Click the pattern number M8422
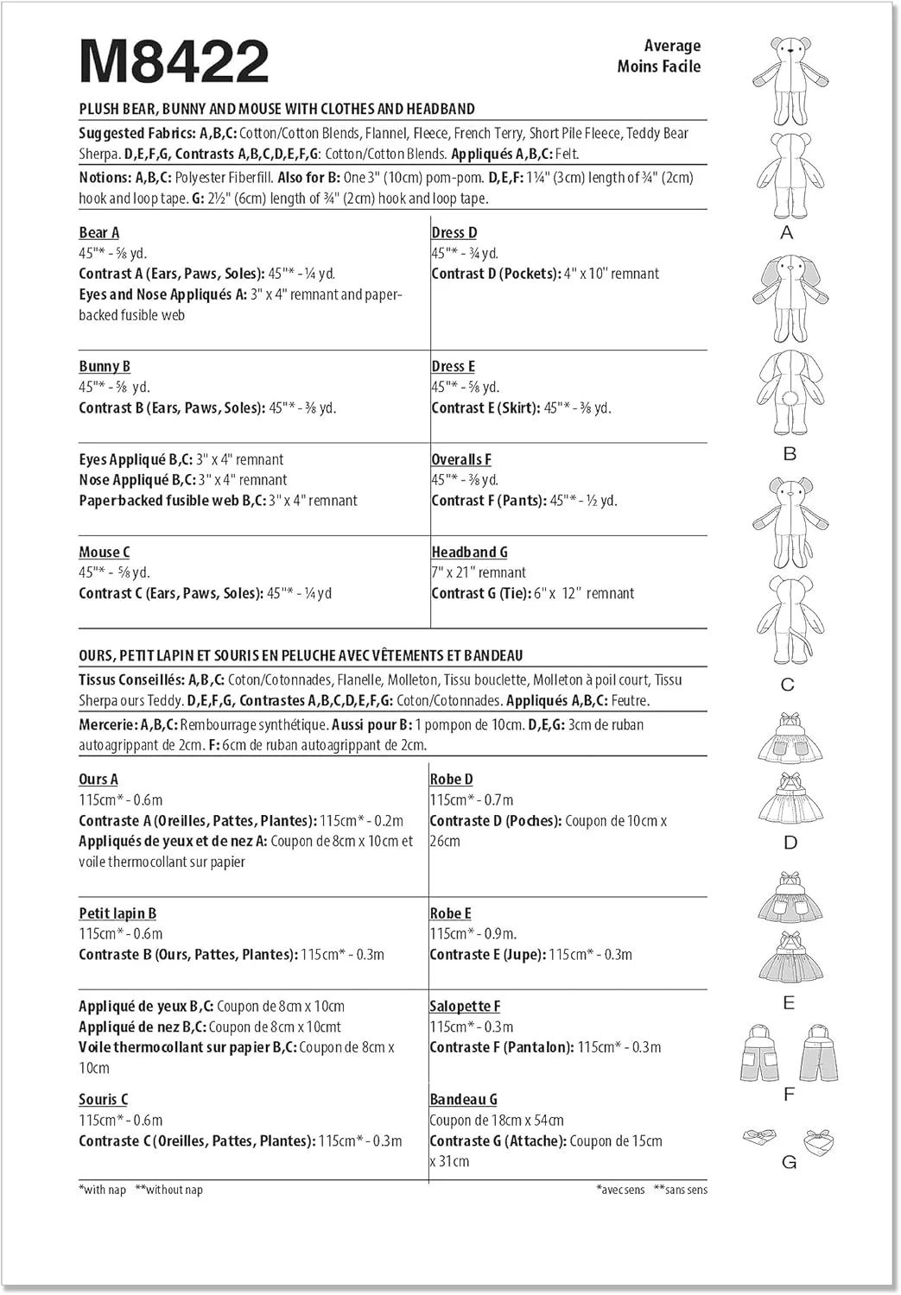(174, 62)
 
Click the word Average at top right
(672, 46)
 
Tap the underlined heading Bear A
(98, 232)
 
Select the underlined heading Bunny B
(105, 366)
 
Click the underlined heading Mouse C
(104, 552)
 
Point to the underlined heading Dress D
(454, 232)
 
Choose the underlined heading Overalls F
(461, 459)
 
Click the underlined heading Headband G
(469, 552)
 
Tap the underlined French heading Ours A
(98, 779)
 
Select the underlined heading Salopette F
(465, 1006)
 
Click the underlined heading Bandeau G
(463, 1099)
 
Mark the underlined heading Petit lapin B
(117, 913)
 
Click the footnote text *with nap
(102, 1190)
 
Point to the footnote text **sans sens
(681, 1190)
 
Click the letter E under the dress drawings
(788, 1002)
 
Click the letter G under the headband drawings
(789, 1162)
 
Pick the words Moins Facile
(658, 66)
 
